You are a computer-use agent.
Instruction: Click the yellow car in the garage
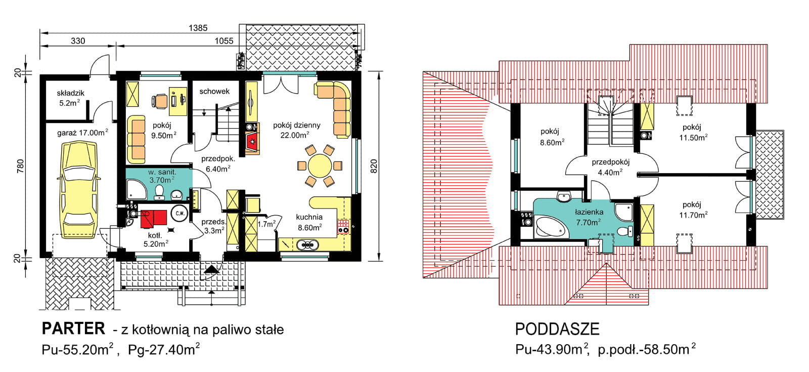79,190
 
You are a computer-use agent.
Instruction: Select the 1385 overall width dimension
198,28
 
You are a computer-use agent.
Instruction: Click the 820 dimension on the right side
374,167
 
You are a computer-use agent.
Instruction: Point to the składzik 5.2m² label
70,98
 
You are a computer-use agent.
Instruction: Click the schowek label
214,92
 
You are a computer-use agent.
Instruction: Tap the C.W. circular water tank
179,213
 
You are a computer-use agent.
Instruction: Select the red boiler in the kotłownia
154,218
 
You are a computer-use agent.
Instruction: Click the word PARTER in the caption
73,329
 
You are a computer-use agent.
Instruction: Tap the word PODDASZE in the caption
557,329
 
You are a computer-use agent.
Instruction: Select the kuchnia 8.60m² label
309,222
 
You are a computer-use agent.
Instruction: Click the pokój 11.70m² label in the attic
692,210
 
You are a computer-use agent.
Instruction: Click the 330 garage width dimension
78,41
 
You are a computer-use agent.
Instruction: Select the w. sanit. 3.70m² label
162,176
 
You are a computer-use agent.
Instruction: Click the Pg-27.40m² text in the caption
163,350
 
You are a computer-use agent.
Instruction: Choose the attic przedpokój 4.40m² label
610,167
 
